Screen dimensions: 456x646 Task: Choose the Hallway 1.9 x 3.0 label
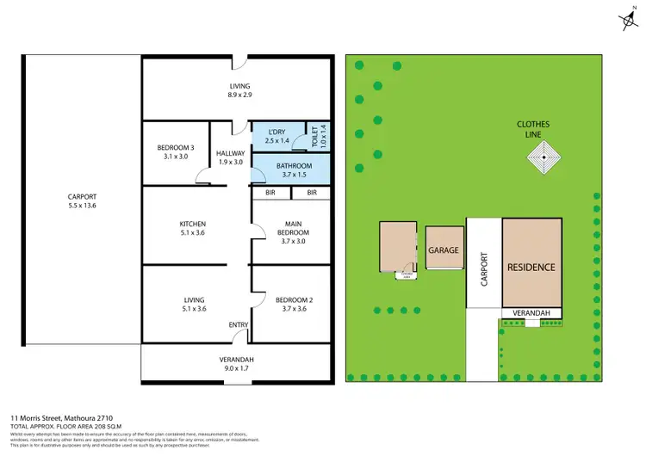231,157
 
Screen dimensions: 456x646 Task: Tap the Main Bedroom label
293,231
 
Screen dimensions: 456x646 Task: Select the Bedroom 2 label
293,305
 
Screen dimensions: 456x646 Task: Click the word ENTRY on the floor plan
239,324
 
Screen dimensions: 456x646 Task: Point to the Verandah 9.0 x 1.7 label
237,363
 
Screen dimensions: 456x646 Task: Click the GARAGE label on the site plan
444,250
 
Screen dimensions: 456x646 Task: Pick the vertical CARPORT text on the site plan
483,268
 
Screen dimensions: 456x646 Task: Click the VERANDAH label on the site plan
531,313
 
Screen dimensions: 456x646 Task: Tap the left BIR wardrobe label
270,193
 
